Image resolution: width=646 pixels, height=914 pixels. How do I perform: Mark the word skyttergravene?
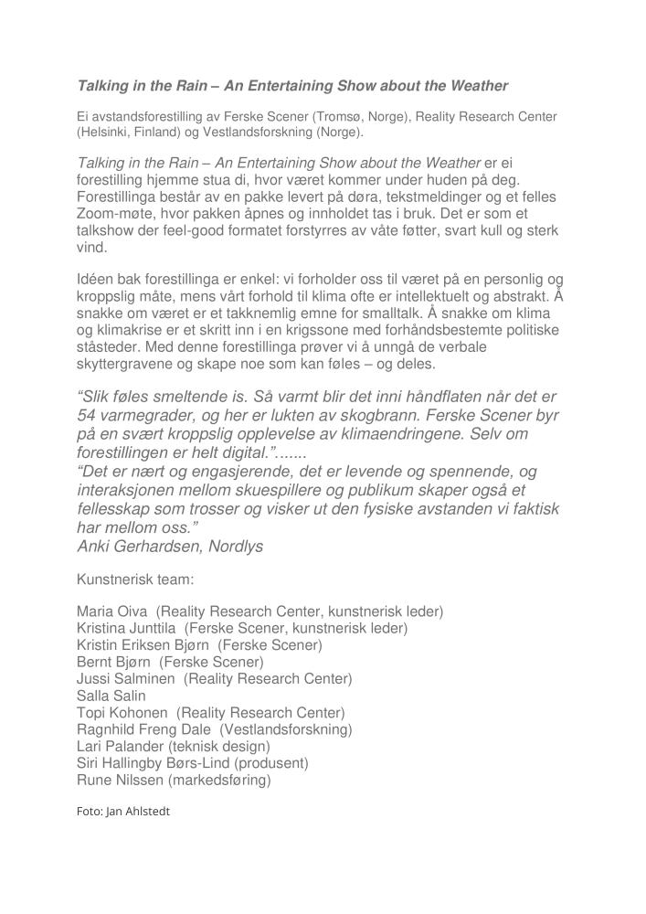pyautogui.click(x=121, y=364)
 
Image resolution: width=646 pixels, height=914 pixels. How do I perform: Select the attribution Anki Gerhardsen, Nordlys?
pyautogui.click(x=170, y=547)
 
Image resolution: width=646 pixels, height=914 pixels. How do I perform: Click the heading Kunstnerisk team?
pyautogui.click(x=135, y=579)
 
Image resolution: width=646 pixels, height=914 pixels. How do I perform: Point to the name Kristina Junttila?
pyautogui.click(x=127, y=628)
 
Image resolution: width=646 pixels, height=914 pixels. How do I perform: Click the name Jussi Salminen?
pyautogui.click(x=126, y=678)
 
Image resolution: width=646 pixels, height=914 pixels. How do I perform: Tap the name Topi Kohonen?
pyautogui.click(x=122, y=712)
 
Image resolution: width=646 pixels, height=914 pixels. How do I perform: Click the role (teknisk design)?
pyautogui.click(x=219, y=746)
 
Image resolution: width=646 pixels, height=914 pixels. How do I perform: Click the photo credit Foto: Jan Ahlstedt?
pyautogui.click(x=123, y=811)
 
